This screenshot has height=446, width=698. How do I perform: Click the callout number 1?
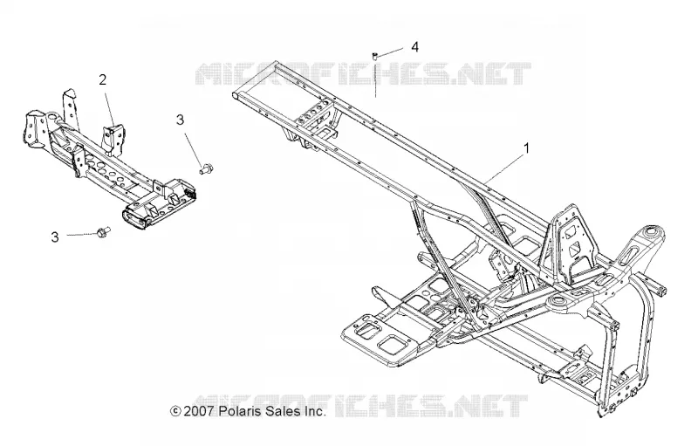click(x=527, y=148)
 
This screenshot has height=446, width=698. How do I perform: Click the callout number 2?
click(x=103, y=80)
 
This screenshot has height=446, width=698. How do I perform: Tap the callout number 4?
click(x=415, y=47)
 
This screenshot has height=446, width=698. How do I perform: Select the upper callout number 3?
click(x=180, y=120)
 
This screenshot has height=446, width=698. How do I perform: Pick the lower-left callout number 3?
click(x=55, y=237)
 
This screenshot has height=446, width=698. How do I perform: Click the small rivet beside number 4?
click(x=374, y=55)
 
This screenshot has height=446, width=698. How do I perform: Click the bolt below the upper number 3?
click(x=206, y=169)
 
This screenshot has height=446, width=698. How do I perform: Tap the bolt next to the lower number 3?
click(x=103, y=232)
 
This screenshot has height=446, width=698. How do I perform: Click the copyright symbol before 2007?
click(x=176, y=411)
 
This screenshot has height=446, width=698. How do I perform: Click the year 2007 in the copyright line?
click(x=200, y=411)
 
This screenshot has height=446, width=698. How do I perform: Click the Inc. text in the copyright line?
click(x=315, y=411)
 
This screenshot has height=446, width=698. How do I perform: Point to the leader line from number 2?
click(x=109, y=106)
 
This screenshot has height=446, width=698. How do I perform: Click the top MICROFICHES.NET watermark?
click(x=364, y=74)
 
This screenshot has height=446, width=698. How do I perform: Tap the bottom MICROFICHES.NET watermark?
click(x=361, y=406)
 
